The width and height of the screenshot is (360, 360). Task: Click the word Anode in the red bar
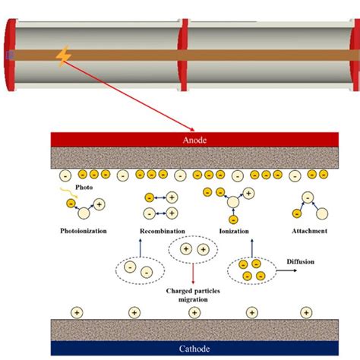tap(194, 140)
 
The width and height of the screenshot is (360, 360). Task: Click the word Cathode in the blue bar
tap(194, 347)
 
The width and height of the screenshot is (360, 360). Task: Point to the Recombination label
tap(162, 229)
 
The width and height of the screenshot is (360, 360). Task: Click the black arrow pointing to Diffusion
tap(282, 268)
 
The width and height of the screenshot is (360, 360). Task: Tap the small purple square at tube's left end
tap(8, 55)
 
